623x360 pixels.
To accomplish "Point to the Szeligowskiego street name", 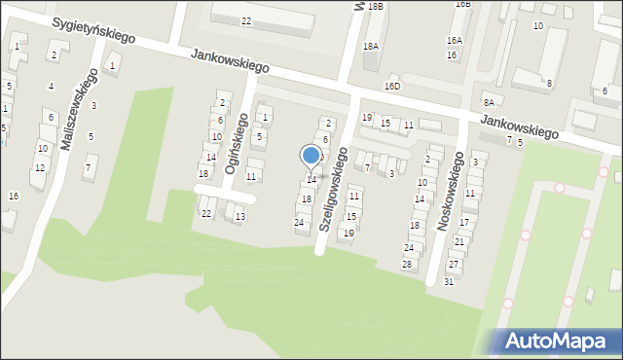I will coord(333,188).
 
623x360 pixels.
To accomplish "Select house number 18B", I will coord(375,6).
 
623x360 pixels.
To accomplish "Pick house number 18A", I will coord(371,46).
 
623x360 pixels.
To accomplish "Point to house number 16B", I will coord(462,4).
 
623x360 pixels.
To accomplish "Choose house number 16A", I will coord(455,40).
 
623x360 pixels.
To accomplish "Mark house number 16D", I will coord(392,87).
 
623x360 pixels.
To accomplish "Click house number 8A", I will coord(489,102).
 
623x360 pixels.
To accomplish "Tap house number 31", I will coord(449,281).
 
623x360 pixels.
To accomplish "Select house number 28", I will coord(408,265).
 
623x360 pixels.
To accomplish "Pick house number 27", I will coord(454,265).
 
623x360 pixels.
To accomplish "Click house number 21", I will coord(459,241).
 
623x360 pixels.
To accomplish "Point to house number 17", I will coord(464,223).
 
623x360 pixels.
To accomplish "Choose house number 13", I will coord(239,217).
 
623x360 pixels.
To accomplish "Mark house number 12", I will coord(39,168).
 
